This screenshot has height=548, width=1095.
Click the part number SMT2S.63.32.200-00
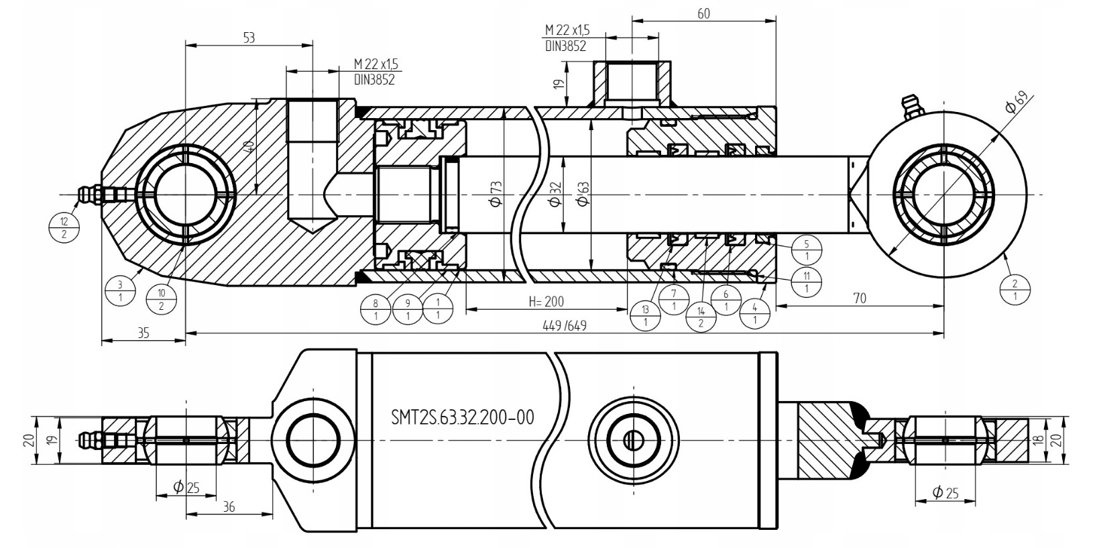click(x=463, y=417)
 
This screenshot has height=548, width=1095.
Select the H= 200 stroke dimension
click(x=546, y=302)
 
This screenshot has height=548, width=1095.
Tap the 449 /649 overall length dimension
click(x=565, y=326)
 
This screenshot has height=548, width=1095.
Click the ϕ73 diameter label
click(x=496, y=194)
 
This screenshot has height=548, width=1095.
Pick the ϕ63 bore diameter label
click(x=583, y=194)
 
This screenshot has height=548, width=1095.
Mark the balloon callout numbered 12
click(x=64, y=228)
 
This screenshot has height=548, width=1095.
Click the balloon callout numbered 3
click(x=120, y=290)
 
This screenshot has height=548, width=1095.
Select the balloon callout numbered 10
click(x=162, y=300)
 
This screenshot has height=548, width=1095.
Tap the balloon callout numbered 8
click(x=376, y=309)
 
